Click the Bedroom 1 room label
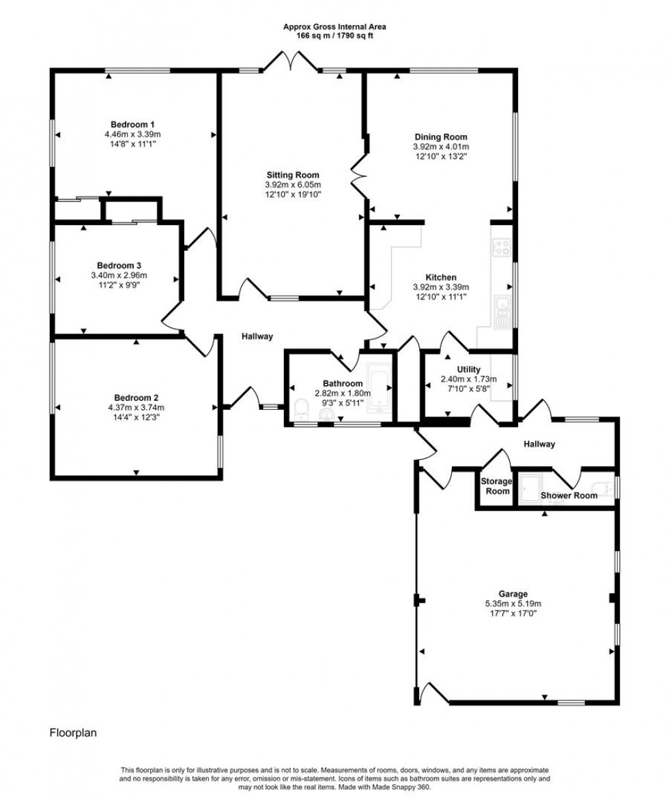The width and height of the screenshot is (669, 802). coord(132,124)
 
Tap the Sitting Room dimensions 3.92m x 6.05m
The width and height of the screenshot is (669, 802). coord(292,185)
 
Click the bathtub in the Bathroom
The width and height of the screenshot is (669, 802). coord(378,389)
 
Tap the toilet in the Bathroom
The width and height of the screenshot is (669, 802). coord(301,408)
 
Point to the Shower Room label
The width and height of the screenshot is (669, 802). coord(569,496)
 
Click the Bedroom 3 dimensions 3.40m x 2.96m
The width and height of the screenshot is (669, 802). coord(119,276)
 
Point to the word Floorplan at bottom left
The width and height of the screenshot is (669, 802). coord(73,734)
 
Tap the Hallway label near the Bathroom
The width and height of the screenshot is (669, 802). coord(257,336)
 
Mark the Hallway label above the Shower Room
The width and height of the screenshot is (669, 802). coord(539,444)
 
